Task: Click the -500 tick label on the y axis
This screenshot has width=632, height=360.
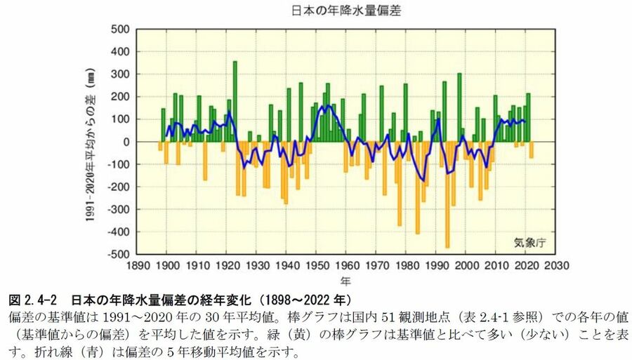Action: click(x=117, y=254)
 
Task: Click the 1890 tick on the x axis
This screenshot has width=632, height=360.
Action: click(x=137, y=266)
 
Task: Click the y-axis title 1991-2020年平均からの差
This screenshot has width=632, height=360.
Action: click(x=91, y=142)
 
